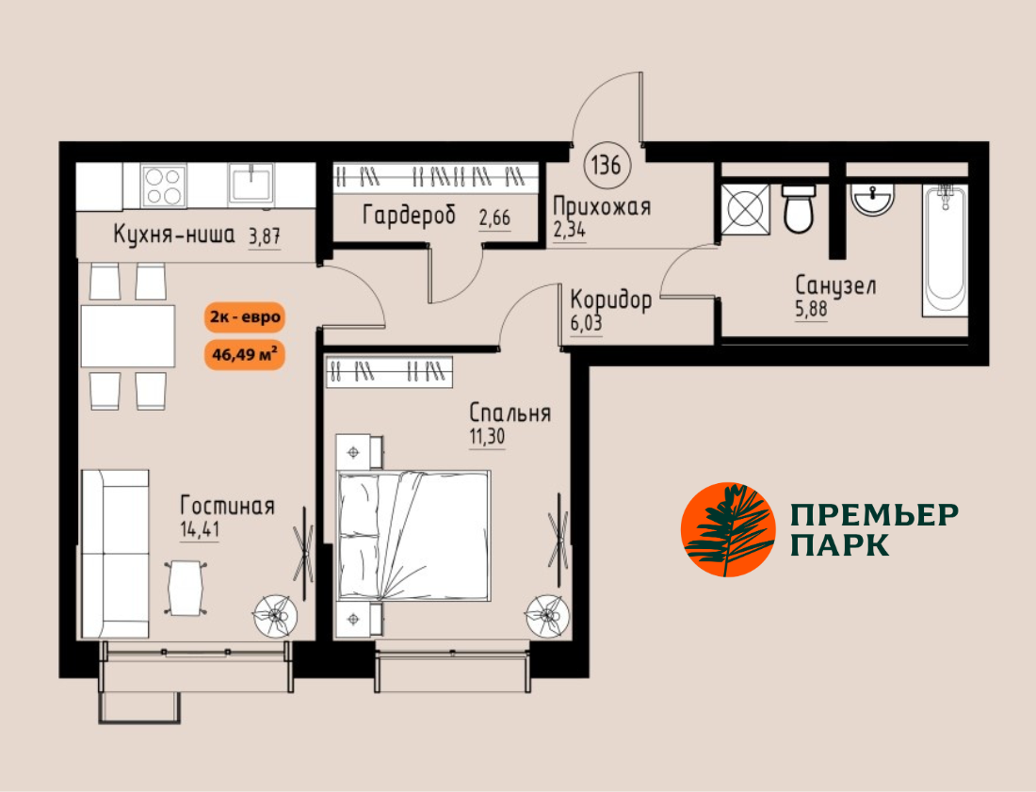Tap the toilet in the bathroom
(x=798, y=208)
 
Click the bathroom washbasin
(x=873, y=198)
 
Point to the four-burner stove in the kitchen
(x=163, y=186)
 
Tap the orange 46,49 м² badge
(x=245, y=354)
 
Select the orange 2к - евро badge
(x=245, y=317)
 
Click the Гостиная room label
(x=227, y=507)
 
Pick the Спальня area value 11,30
(x=487, y=437)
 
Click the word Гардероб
(x=410, y=216)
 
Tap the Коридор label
(x=611, y=299)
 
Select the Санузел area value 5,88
(x=811, y=309)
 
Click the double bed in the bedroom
(x=413, y=535)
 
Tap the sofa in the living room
(x=115, y=554)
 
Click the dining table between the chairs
(x=128, y=335)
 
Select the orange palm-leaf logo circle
(x=728, y=529)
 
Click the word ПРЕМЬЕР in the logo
(x=875, y=514)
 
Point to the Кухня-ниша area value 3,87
(x=265, y=235)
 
